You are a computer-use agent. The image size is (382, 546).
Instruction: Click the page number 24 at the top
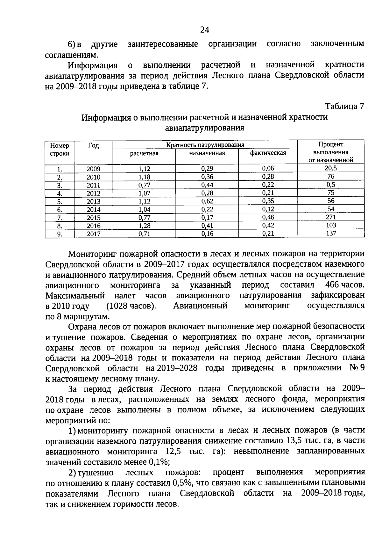205,30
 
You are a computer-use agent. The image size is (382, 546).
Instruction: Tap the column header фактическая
268,153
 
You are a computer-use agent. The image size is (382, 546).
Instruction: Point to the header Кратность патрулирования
205,145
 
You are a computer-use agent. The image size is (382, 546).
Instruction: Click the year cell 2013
93,202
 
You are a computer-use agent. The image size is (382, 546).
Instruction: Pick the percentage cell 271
331,217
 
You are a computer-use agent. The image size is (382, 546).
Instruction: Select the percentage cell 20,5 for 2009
331,168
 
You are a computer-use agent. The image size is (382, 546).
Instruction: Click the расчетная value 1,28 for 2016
144,226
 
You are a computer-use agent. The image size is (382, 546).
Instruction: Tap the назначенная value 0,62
207,201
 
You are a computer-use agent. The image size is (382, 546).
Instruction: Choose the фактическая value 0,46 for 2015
268,218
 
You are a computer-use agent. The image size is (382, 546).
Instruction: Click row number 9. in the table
60,234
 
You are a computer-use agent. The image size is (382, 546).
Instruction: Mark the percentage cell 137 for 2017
331,233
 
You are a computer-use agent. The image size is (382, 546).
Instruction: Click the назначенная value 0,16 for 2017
207,234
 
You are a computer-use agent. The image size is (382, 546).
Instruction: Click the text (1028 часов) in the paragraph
131,306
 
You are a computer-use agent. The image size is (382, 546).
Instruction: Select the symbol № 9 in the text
357,368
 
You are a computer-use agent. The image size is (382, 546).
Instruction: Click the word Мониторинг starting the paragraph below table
92,254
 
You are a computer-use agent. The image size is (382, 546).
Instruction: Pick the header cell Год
93,146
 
